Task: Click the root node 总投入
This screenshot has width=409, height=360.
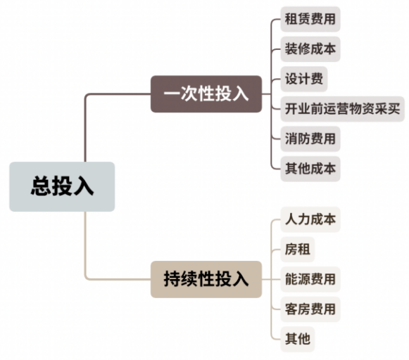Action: [62, 186]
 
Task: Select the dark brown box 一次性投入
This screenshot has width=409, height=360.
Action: [206, 94]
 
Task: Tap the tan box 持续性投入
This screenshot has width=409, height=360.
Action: [206, 279]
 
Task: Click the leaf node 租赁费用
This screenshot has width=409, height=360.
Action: [310, 19]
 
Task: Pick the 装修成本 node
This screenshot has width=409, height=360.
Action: [310, 49]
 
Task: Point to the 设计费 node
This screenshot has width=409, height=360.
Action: [304, 79]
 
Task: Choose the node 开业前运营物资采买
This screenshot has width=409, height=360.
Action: [342, 109]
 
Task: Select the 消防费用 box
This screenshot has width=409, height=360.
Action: [310, 139]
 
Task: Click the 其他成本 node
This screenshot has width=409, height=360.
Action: [310, 169]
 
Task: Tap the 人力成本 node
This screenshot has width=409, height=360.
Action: [310, 219]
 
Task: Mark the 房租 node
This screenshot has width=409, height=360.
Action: [297, 250]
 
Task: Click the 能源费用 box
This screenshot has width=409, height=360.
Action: [310, 279]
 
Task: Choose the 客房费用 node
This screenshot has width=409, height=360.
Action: [310, 309]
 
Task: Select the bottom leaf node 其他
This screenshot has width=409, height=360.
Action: [297, 339]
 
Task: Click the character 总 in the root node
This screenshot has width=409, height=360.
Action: [41, 186]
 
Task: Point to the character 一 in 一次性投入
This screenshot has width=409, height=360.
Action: [172, 94]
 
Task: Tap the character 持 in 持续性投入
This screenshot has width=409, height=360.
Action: [172, 279]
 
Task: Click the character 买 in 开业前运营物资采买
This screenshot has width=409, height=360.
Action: [394, 108]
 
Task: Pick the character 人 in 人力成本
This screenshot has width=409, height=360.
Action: [291, 219]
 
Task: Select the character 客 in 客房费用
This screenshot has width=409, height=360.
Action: [291, 309]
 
